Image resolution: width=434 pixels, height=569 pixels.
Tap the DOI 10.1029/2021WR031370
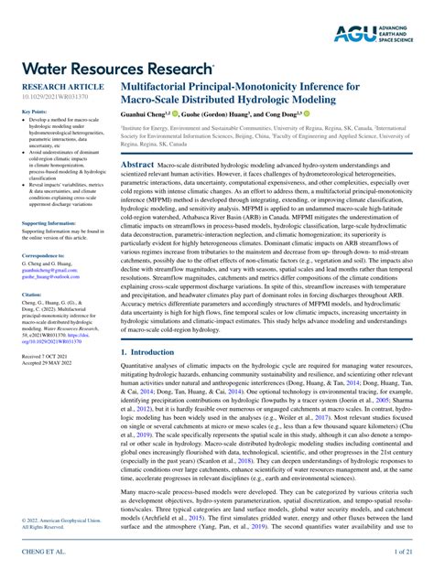point(54,96)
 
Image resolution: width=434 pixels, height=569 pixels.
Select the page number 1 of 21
point(402,553)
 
